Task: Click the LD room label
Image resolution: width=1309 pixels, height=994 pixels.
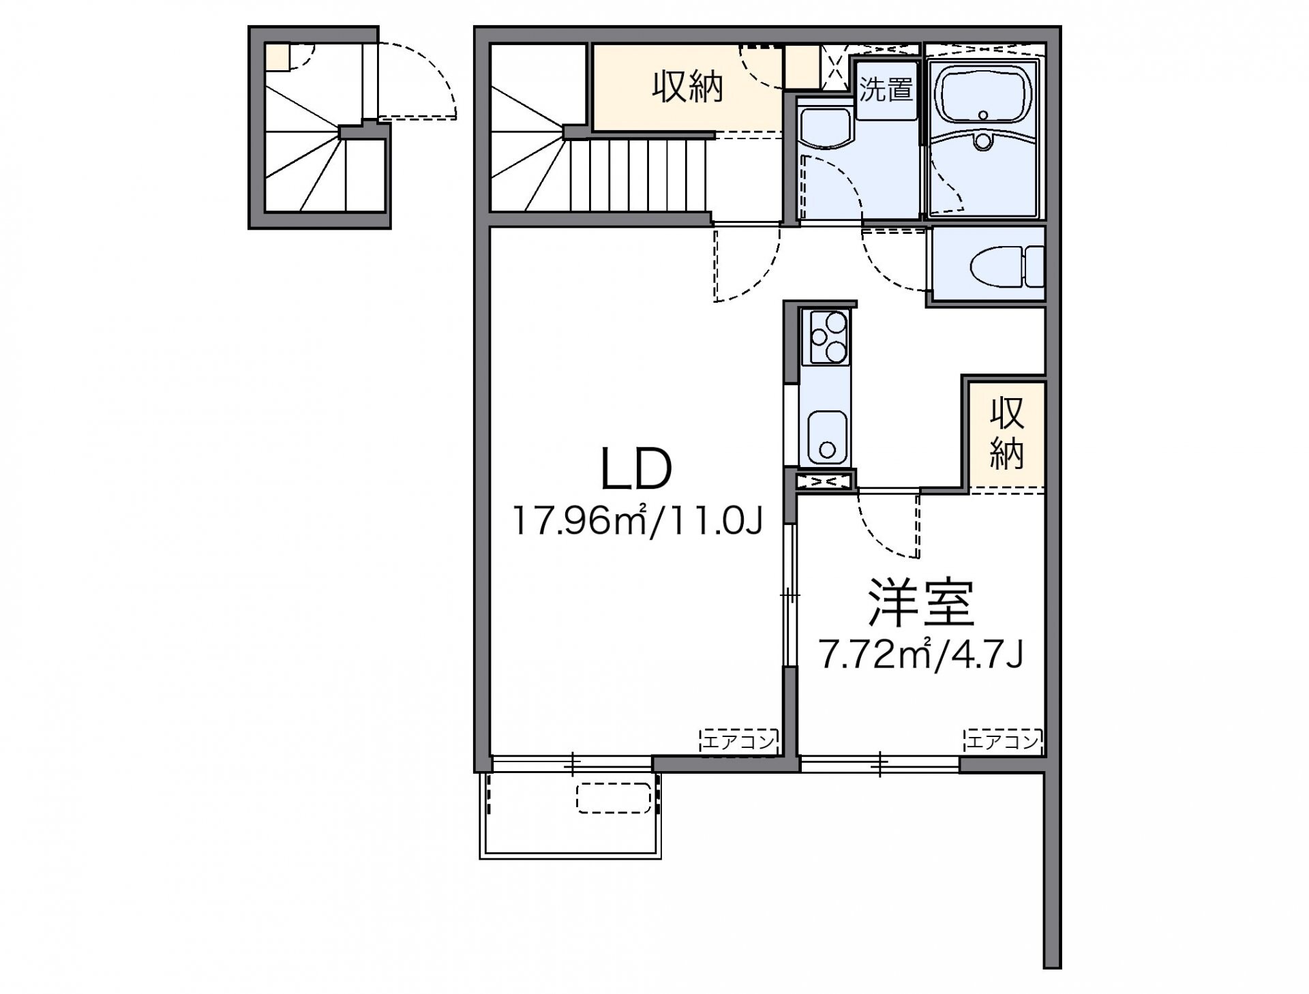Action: point(636,469)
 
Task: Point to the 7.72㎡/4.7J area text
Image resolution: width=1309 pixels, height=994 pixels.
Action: point(921,655)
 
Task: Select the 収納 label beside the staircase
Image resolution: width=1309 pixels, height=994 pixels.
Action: point(687,87)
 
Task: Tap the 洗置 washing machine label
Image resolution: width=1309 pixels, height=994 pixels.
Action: point(886,89)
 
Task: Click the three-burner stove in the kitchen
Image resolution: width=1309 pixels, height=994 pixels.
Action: point(828,337)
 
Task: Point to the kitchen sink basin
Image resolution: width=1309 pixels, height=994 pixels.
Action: point(827,437)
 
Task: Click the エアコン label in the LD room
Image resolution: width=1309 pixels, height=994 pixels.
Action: point(739,741)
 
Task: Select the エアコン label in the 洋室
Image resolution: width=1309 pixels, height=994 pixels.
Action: point(1003,741)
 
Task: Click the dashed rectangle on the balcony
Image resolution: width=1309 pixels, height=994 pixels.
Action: point(615,798)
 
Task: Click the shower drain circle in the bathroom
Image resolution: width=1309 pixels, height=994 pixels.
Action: point(982,142)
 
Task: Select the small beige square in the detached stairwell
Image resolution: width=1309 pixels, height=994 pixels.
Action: point(277,57)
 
